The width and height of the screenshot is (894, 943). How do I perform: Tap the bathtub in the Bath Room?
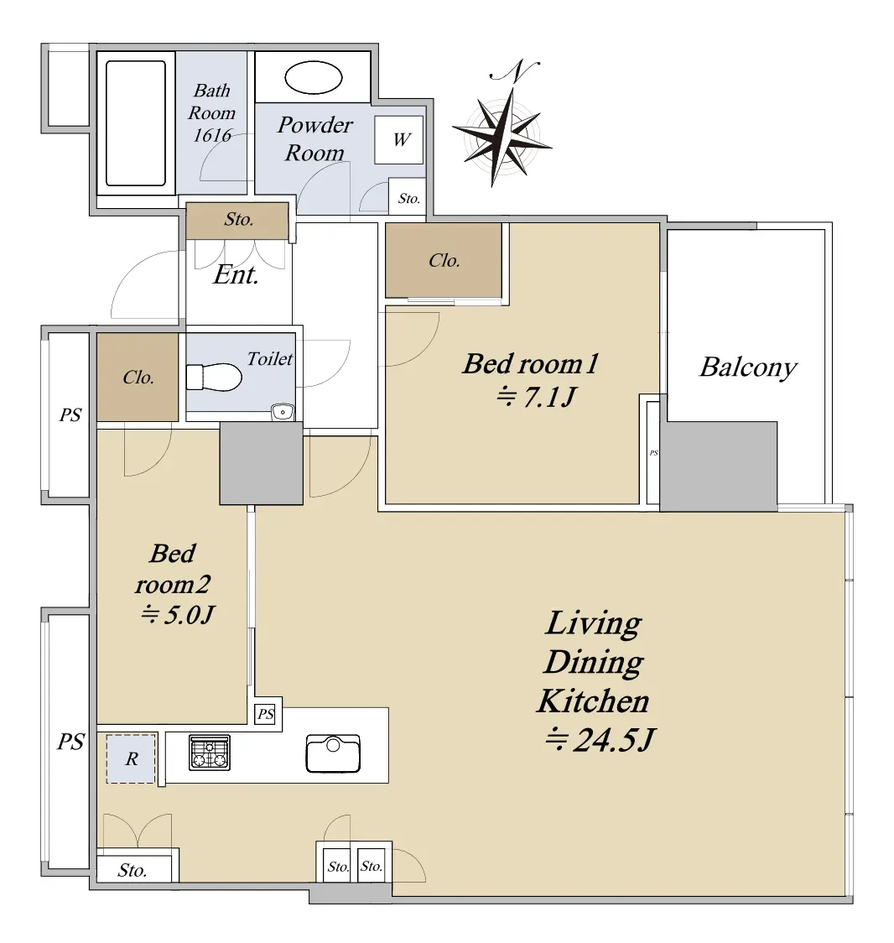point(136,122)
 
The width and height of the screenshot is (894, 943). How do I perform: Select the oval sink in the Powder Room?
point(313,77)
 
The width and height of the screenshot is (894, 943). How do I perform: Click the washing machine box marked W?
point(399,139)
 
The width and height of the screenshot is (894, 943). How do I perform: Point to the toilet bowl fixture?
point(213,377)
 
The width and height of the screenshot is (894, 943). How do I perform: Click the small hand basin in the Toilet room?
point(283,412)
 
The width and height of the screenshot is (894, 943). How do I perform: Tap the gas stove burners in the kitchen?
point(209,753)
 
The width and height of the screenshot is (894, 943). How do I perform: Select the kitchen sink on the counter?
point(333,753)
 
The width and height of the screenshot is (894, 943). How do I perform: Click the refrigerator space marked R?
point(131,758)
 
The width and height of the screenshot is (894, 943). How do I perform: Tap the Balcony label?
point(749,367)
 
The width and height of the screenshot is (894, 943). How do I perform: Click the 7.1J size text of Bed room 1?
point(537,397)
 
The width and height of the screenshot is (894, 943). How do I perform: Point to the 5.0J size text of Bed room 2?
point(177,615)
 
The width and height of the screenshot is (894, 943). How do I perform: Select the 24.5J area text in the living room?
point(600,740)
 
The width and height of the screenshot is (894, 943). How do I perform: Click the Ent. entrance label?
point(236,275)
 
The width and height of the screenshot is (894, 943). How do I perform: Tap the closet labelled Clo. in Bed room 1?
point(444,260)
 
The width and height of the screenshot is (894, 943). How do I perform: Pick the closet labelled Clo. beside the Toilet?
point(138,377)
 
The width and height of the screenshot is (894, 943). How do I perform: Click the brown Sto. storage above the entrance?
point(237,221)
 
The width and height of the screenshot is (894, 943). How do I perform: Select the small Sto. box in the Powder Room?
point(408,197)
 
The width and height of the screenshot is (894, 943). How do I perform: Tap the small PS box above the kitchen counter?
point(265,715)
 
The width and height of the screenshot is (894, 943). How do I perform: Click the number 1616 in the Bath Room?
point(212,135)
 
